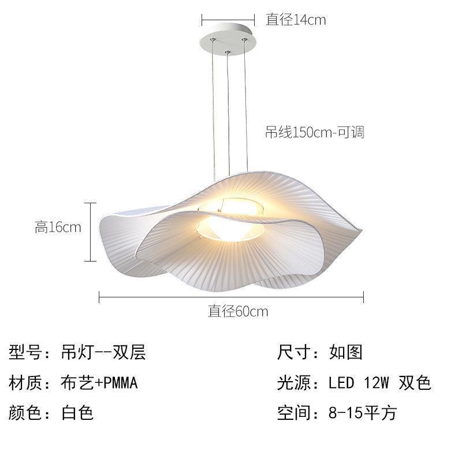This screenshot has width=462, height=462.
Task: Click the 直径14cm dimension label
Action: point(295,20)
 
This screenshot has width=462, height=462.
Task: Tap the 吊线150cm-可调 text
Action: point(314,132)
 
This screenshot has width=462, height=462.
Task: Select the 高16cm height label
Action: point(58,227)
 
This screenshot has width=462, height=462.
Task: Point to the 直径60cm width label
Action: point(238,312)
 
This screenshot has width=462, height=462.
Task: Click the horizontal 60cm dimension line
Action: point(231,297)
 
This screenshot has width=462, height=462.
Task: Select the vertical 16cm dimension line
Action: point(90,232)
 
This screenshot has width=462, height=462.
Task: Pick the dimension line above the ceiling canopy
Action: point(228,20)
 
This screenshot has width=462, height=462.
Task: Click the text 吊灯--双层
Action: point(103,352)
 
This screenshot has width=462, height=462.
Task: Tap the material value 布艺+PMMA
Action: point(99,382)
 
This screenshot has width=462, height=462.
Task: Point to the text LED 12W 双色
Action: point(379,382)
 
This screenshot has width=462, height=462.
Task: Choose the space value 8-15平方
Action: point(362,413)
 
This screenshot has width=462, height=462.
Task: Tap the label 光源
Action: point(295,382)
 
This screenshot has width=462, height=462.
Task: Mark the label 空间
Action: point(295,413)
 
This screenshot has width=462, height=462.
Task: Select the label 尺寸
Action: point(295,352)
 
